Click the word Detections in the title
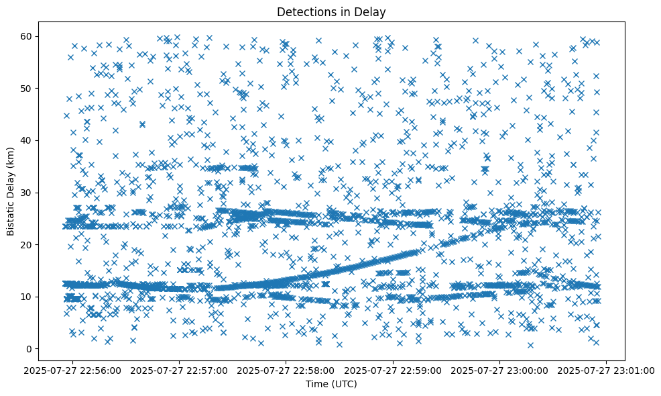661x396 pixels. pos(302,11)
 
